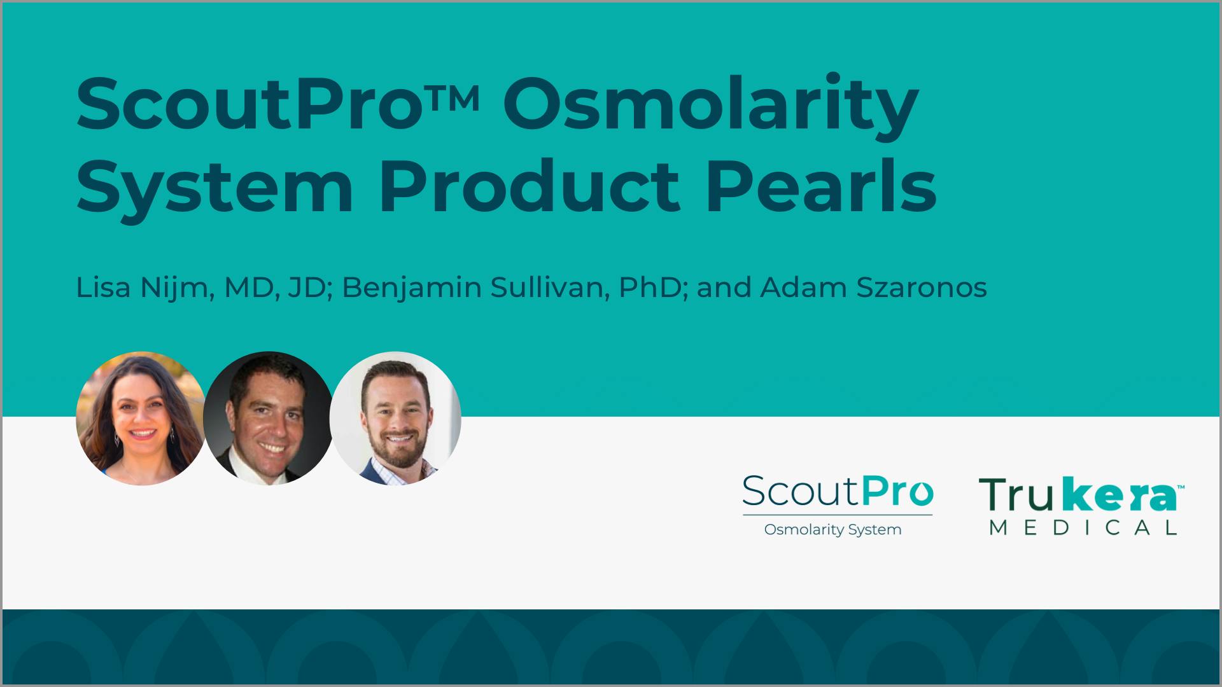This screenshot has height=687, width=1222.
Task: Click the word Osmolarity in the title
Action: (x=710, y=104)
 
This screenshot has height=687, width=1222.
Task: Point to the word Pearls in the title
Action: (x=820, y=188)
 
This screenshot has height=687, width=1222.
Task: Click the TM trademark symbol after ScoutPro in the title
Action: (x=460, y=95)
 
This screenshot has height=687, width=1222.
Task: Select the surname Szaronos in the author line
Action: (x=923, y=288)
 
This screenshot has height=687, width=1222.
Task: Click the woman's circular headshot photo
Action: (x=141, y=418)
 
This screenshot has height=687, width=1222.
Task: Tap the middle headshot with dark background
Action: (x=268, y=418)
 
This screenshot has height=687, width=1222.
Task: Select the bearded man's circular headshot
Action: (x=395, y=418)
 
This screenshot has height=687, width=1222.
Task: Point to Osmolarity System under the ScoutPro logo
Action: (x=832, y=529)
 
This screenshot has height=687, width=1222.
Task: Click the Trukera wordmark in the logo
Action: (x=1078, y=496)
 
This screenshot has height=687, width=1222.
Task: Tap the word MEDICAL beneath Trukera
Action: (x=1083, y=527)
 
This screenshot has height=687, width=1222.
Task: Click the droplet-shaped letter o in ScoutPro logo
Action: (x=920, y=494)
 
